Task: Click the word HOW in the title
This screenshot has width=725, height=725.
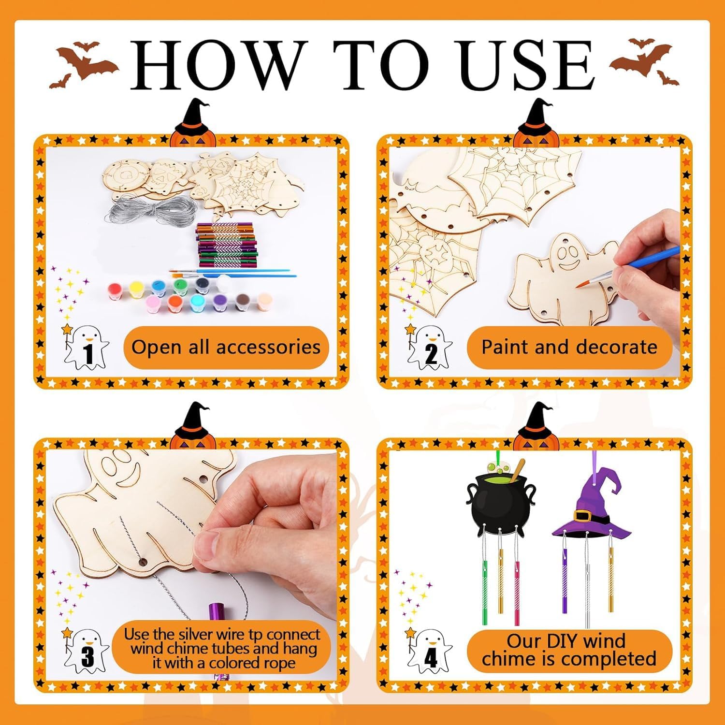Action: click(x=220, y=65)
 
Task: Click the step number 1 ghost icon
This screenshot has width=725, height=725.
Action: click(x=86, y=347)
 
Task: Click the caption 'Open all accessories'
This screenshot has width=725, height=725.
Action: click(x=226, y=348)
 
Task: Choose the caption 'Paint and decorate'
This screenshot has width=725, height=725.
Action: click(x=569, y=347)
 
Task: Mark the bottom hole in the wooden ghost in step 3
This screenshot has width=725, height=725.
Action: click(x=142, y=563)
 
